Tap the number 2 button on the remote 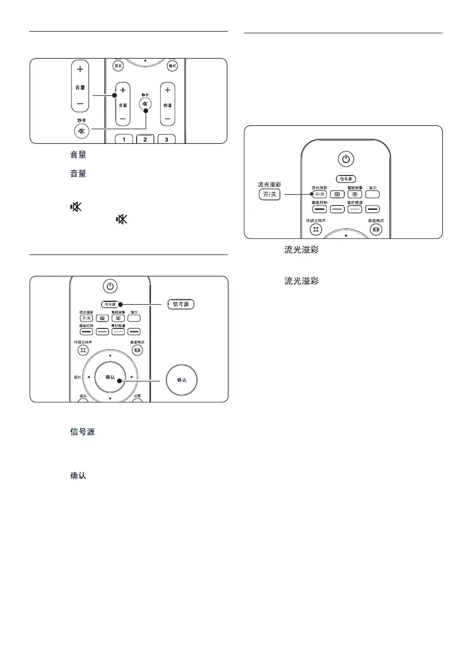145,139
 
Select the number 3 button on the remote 167,139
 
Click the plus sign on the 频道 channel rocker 168,90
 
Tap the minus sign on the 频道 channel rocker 168,118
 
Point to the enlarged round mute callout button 80,130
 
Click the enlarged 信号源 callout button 181,305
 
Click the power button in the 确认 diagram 110,286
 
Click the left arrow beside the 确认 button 89,376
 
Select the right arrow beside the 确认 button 131,376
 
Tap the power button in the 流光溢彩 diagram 346,159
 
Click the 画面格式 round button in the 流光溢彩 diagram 376,230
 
